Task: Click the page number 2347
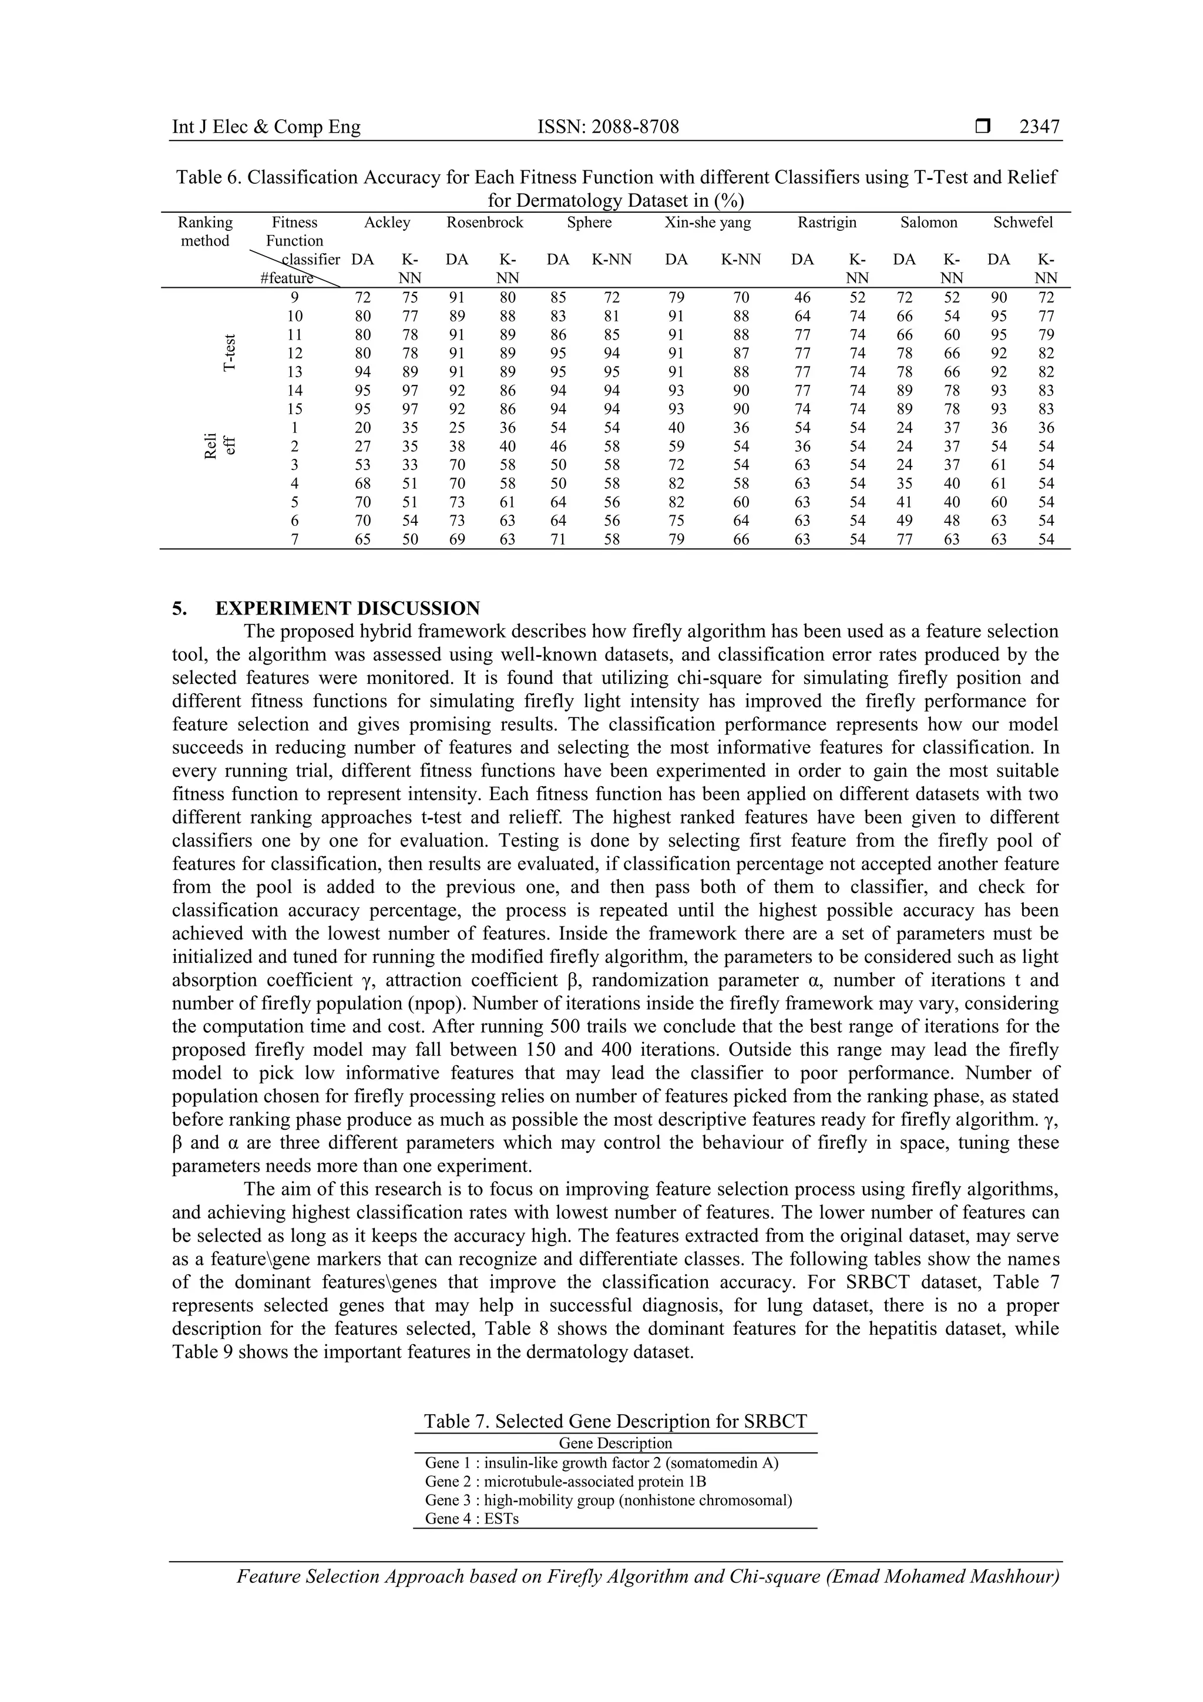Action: (1039, 127)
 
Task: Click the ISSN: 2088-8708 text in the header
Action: (608, 127)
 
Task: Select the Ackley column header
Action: (387, 223)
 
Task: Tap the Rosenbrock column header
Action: (485, 223)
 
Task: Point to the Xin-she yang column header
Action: (708, 223)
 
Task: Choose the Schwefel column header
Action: (1023, 223)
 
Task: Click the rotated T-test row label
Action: (230, 353)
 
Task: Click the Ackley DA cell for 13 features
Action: (362, 372)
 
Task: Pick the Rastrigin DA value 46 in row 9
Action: (802, 297)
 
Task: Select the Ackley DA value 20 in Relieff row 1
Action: (362, 428)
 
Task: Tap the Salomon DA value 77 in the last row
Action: (903, 540)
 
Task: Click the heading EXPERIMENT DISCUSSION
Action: (347, 609)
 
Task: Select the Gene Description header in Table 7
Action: (615, 1443)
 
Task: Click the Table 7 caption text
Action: (615, 1421)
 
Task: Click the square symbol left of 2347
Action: (983, 127)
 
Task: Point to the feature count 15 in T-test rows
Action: (295, 409)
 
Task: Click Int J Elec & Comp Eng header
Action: (266, 127)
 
